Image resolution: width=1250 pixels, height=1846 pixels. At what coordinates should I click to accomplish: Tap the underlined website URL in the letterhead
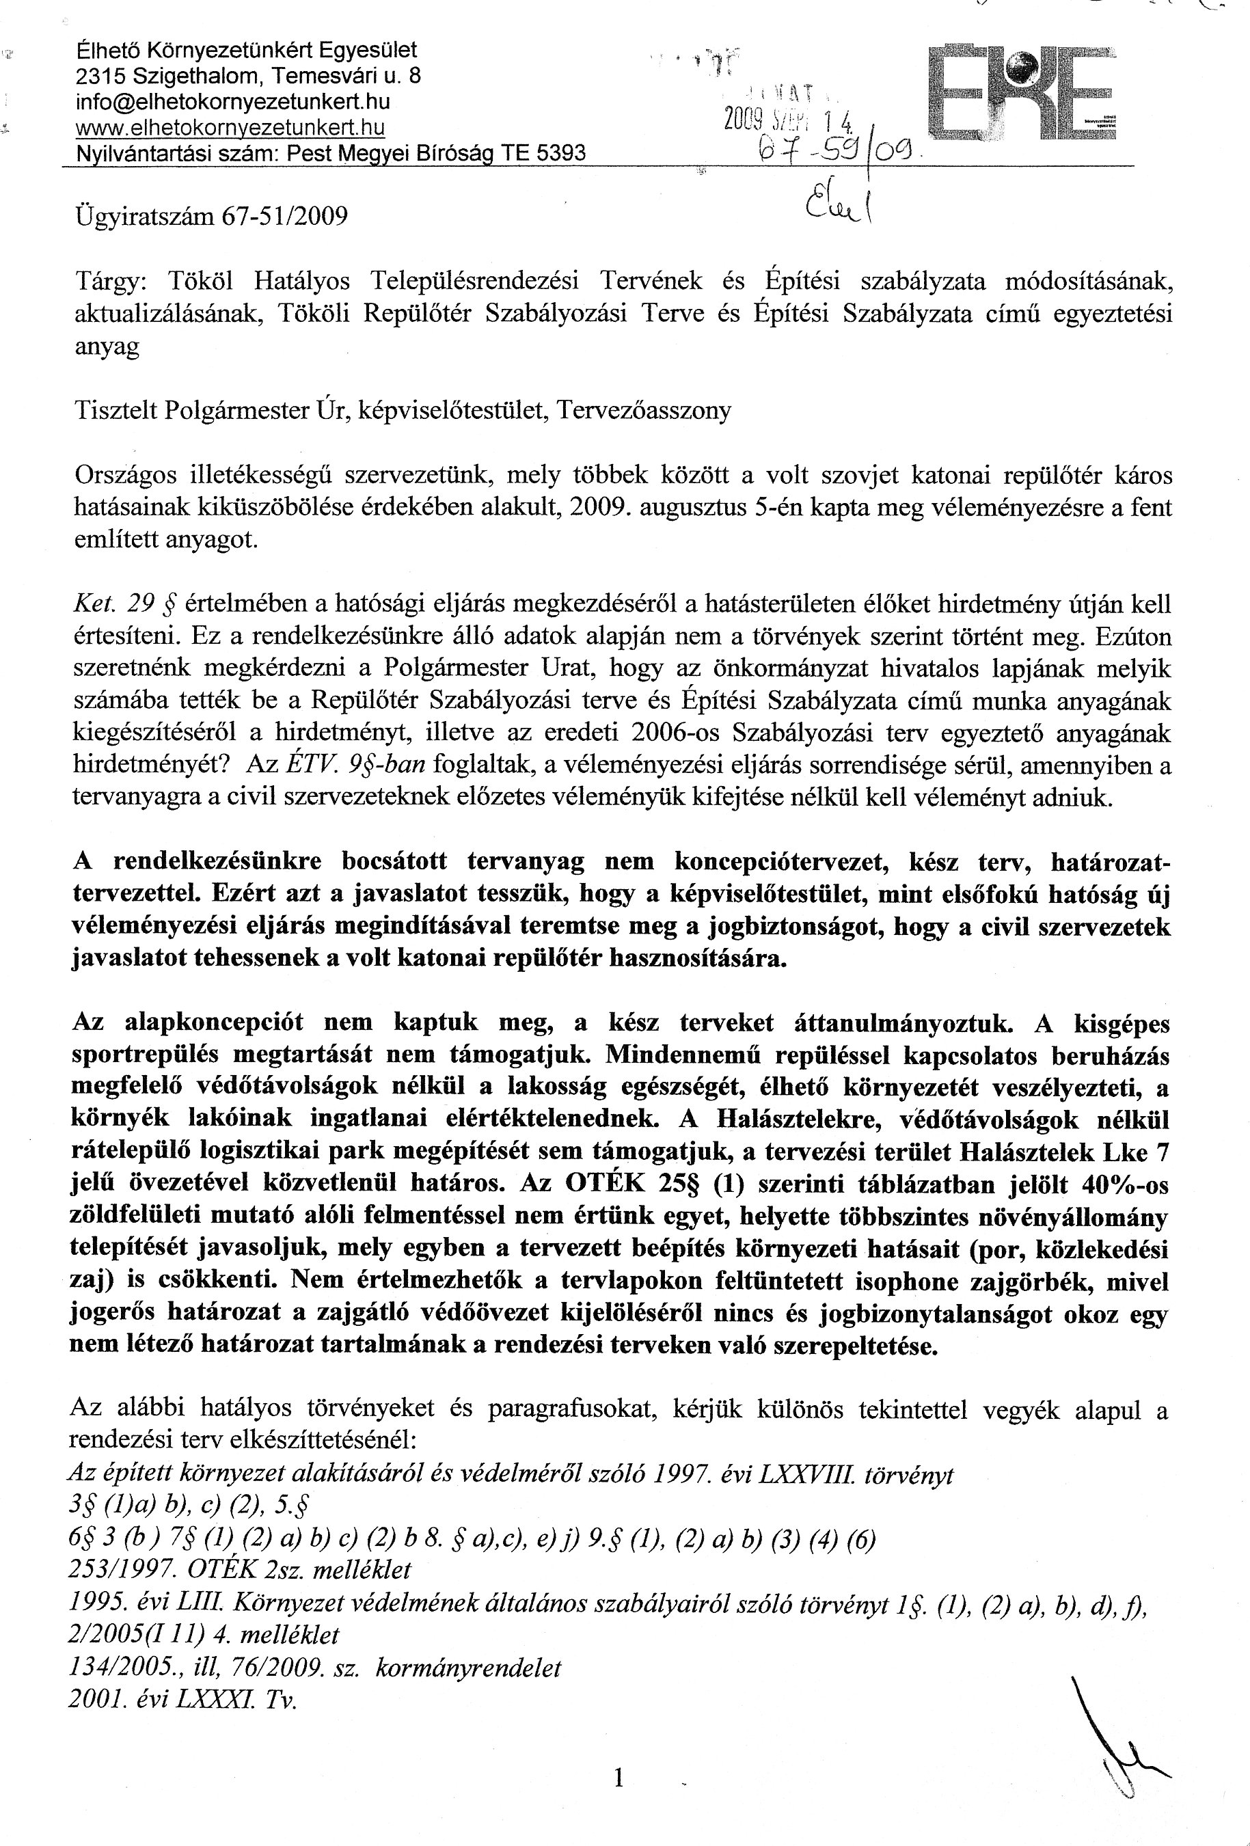click(230, 127)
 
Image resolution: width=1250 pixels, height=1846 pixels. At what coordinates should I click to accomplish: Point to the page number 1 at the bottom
click(619, 1778)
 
